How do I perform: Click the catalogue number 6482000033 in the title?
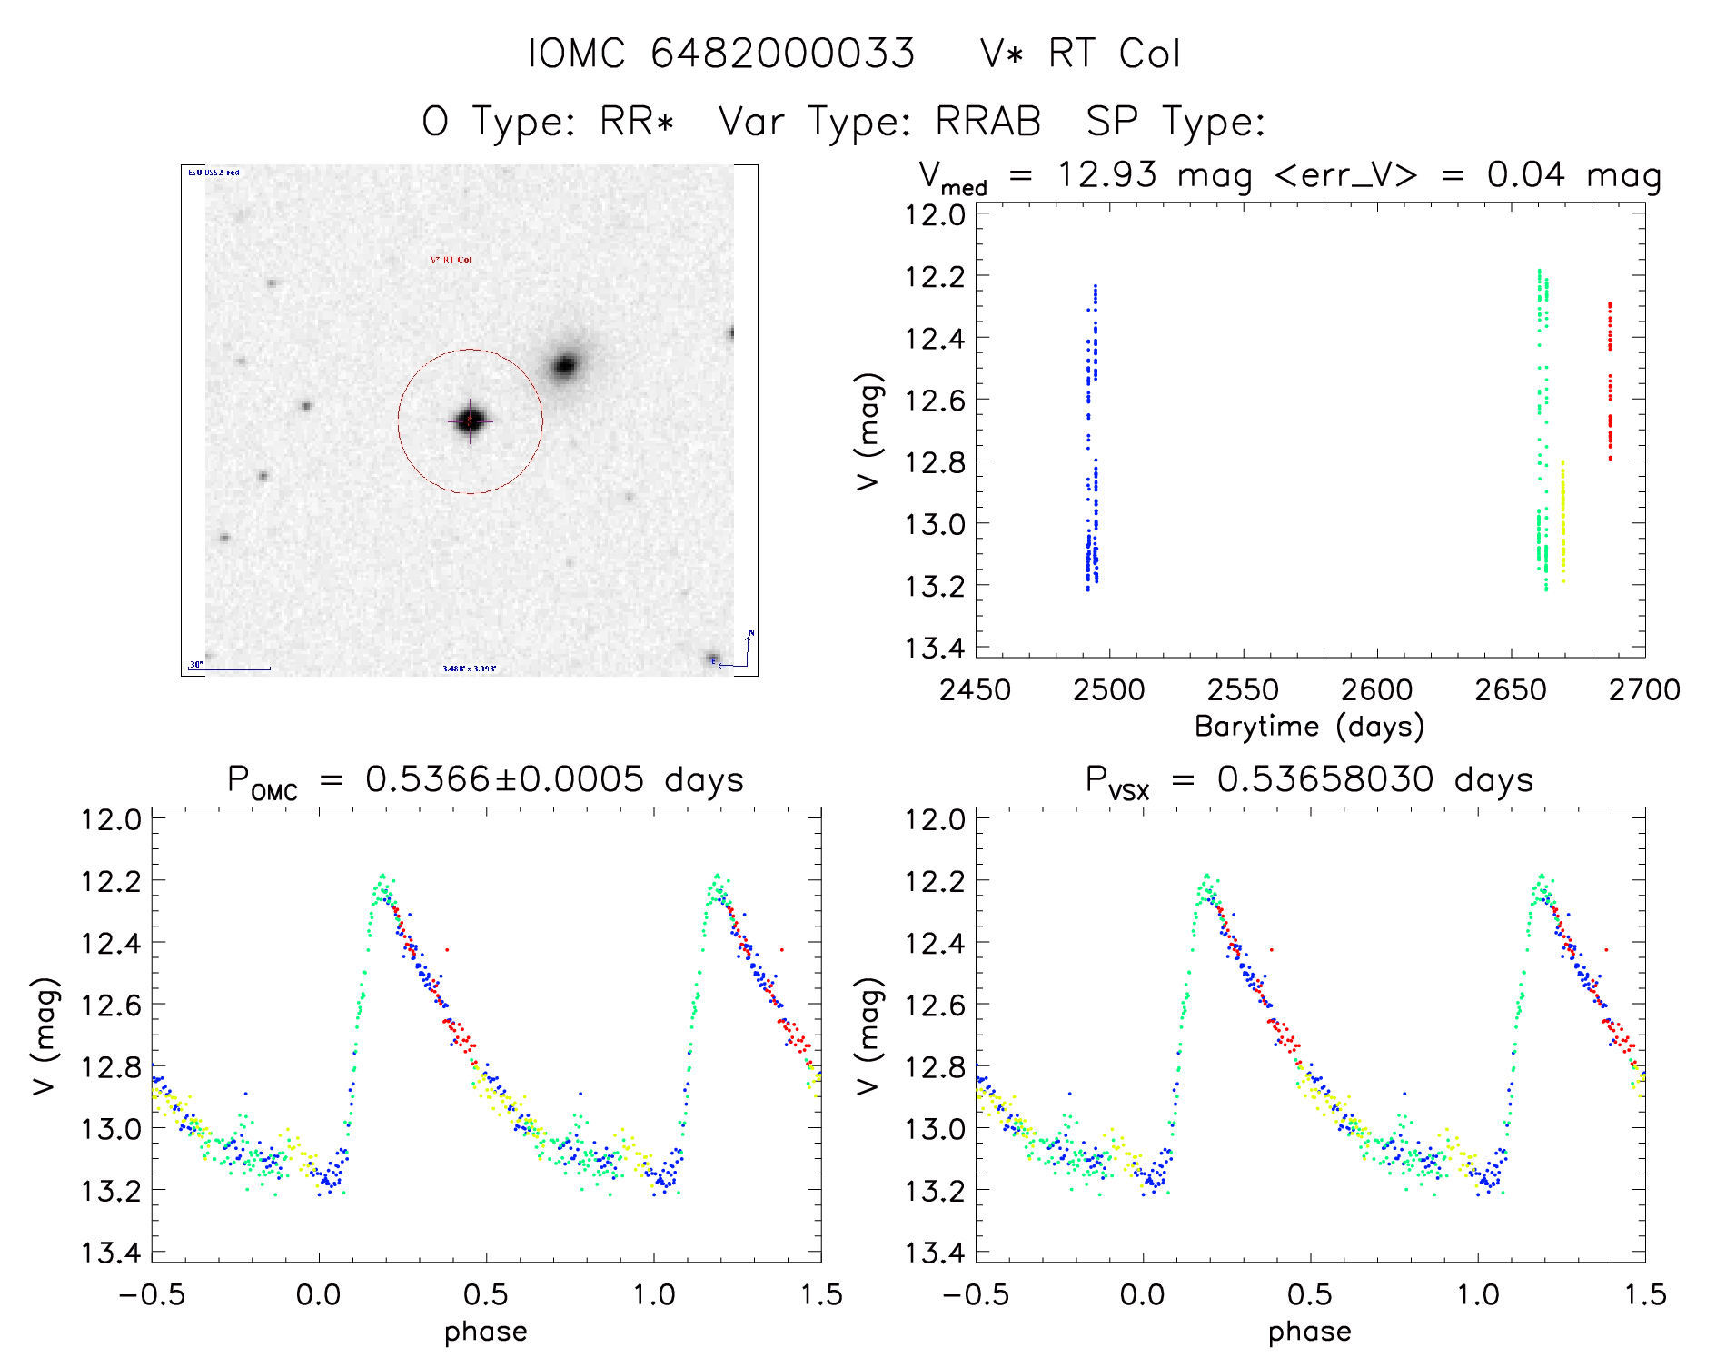tap(782, 54)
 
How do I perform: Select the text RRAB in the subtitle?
tap(988, 122)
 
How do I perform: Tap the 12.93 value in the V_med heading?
tap(1106, 174)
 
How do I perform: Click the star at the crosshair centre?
tap(470, 421)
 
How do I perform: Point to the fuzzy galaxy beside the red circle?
tap(565, 365)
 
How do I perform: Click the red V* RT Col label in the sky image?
tap(451, 260)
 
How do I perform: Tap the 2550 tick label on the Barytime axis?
tap(1243, 690)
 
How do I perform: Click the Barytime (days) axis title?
tap(1309, 727)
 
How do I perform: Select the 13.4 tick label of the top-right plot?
tap(934, 648)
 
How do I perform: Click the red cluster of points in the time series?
tap(1610, 381)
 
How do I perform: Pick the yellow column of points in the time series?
tap(1563, 522)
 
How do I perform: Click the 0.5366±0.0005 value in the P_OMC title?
tap(504, 779)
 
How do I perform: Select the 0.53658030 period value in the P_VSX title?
tap(1325, 779)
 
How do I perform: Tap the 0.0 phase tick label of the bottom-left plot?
tap(319, 1294)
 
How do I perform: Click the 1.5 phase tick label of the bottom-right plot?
tap(1645, 1294)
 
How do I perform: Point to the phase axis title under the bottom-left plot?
tap(486, 1332)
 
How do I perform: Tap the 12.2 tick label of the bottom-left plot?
tap(111, 881)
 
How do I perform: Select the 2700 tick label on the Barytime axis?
tap(1644, 690)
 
